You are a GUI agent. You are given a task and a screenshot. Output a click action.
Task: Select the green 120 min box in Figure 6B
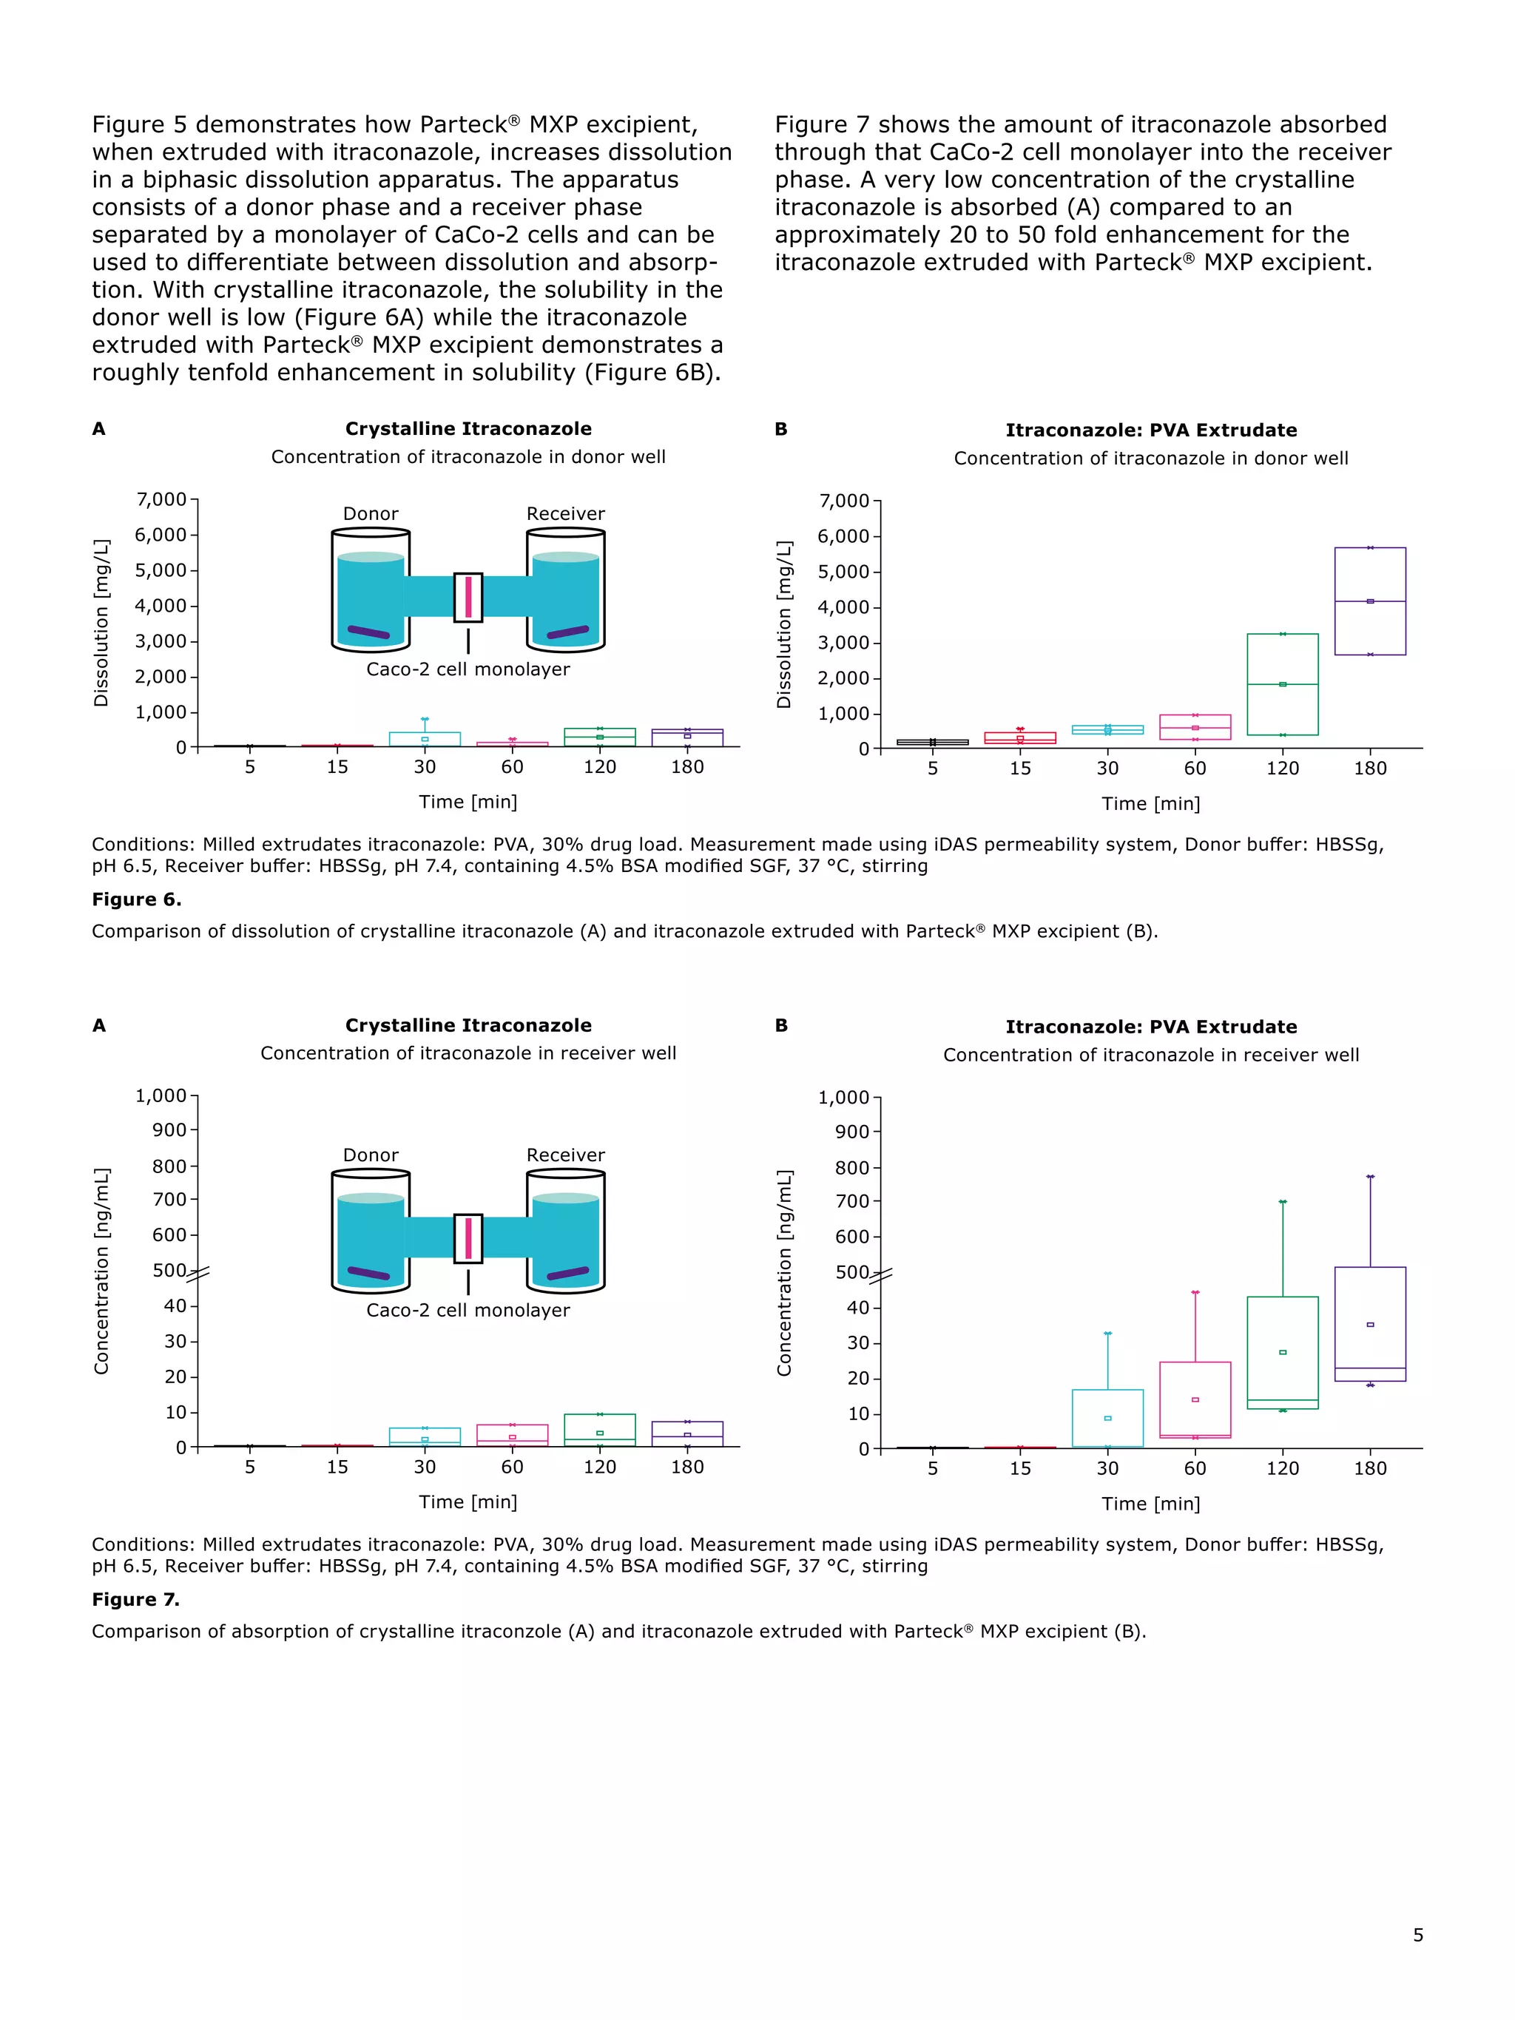pos(1282,684)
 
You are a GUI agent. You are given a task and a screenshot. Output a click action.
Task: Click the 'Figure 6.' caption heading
pos(136,899)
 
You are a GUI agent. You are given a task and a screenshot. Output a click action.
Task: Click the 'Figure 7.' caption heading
pos(135,1599)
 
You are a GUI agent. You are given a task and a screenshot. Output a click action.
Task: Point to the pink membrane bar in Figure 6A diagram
pos(468,596)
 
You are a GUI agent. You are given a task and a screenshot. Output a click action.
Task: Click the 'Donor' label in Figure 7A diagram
pos(370,1155)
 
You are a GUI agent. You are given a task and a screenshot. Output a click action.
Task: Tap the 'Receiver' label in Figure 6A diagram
pos(565,514)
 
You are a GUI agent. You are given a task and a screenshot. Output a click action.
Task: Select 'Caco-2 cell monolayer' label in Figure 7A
pos(468,1311)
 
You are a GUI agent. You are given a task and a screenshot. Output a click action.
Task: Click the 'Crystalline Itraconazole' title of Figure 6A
pos(468,429)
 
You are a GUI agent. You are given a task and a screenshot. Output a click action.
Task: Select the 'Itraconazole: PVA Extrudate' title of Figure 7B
pos(1150,1027)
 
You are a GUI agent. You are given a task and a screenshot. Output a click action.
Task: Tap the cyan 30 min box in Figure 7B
pos(1107,1417)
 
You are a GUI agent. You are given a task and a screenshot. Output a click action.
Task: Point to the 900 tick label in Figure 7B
pos(852,1132)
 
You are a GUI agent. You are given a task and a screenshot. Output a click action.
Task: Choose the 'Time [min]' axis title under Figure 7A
pos(468,1502)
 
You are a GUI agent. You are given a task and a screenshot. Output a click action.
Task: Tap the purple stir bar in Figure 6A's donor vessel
pos(368,632)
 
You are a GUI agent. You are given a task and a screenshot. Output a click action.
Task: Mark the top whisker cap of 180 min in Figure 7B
pos(1370,1176)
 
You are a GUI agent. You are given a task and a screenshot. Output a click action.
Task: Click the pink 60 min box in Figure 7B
pos(1195,1399)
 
